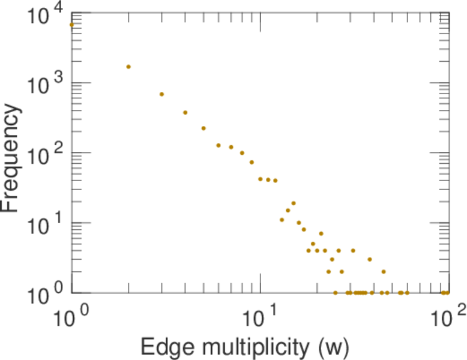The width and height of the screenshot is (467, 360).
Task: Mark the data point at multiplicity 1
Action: pyautogui.click(x=71, y=25)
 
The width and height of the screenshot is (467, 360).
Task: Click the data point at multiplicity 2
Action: pyautogui.click(x=128, y=67)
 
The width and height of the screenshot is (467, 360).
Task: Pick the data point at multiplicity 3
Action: pyautogui.click(x=161, y=94)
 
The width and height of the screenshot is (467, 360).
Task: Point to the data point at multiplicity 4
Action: pyautogui.click(x=185, y=112)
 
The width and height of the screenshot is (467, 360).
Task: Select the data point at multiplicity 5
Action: pyautogui.click(x=203, y=128)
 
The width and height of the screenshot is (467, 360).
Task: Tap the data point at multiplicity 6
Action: pyautogui.click(x=218, y=145)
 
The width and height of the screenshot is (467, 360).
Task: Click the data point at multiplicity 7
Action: pyautogui.click(x=231, y=147)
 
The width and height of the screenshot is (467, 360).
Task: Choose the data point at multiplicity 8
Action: pyautogui.click(x=242, y=153)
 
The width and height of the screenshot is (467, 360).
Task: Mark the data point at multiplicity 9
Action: pyautogui.click(x=252, y=162)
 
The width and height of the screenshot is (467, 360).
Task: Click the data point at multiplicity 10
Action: pyautogui.click(x=260, y=179)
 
